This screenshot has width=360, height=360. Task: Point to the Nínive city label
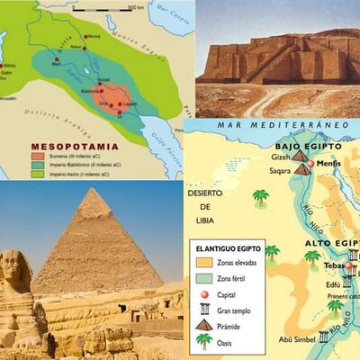94,36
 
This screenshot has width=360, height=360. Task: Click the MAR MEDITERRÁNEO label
274,124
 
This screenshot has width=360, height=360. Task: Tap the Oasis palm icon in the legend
204,342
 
